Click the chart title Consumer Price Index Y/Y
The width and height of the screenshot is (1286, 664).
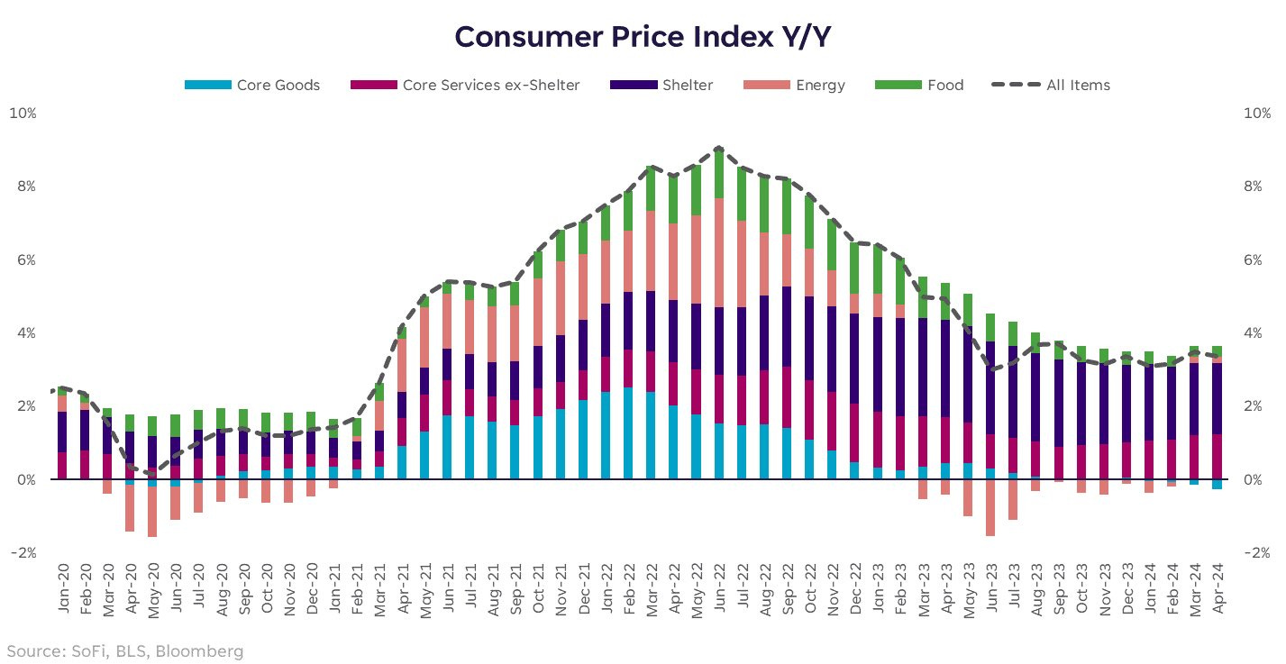(x=643, y=37)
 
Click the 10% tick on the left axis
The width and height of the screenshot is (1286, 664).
(x=23, y=114)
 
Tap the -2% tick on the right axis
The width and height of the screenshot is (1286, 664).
(x=1257, y=553)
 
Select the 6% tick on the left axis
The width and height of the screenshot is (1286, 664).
(x=23, y=260)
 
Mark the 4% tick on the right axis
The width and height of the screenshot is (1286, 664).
(x=1257, y=333)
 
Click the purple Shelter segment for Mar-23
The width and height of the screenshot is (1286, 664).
(x=922, y=367)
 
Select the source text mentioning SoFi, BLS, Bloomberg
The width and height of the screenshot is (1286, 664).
(x=125, y=650)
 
